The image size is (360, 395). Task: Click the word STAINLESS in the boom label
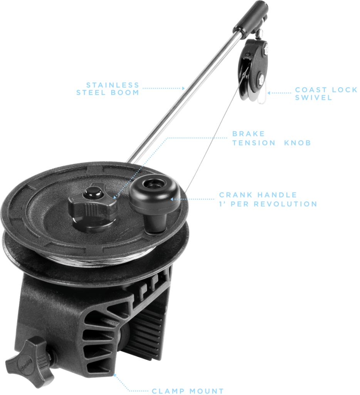(x=113, y=85)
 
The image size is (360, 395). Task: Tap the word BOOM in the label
(x=125, y=93)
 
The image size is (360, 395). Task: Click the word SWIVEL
(x=313, y=98)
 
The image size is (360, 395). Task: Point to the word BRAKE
(x=248, y=134)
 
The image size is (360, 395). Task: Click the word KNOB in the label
(x=298, y=143)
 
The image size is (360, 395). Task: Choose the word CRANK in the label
(x=236, y=195)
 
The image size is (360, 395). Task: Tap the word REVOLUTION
(x=285, y=204)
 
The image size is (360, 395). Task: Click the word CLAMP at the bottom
(x=168, y=391)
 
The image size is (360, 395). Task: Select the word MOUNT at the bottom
(x=207, y=391)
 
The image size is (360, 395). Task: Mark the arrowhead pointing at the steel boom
(x=183, y=88)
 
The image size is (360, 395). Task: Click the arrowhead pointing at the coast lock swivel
(x=269, y=93)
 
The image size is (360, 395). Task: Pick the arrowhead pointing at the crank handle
(x=172, y=199)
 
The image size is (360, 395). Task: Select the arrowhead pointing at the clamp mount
(x=114, y=375)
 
